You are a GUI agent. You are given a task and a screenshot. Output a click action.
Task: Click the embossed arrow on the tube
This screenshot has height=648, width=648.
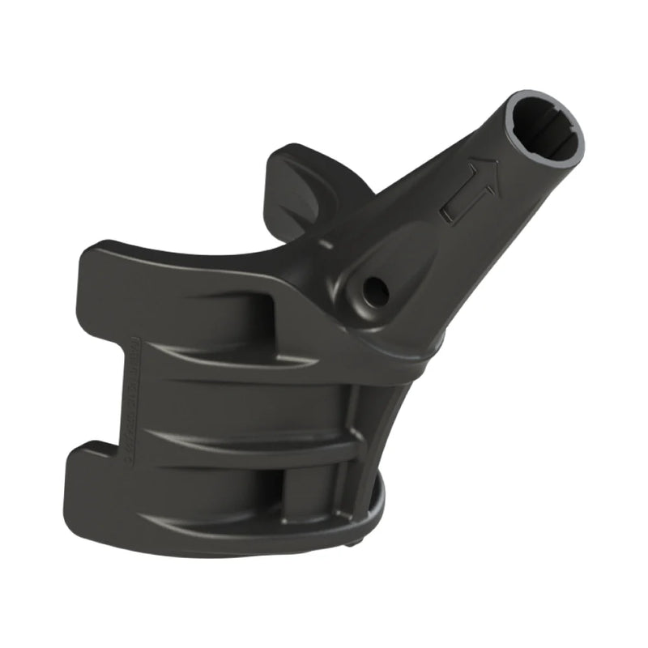pyautogui.click(x=470, y=190)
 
